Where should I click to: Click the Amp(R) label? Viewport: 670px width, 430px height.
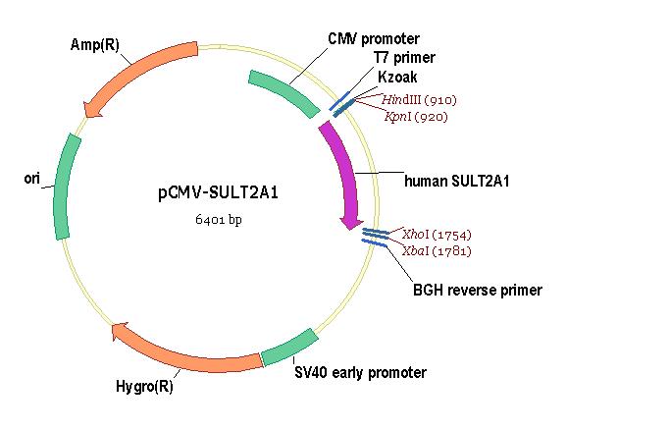coord(95,44)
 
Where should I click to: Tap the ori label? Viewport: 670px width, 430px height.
coord(32,178)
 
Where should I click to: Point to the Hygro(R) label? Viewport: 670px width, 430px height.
coord(144,387)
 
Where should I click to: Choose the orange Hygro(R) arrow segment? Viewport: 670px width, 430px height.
coord(180,354)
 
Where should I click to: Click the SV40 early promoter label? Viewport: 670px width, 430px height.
coord(360,372)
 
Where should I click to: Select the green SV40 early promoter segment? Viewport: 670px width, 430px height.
coord(290,348)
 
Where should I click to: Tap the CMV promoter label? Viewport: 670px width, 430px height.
coord(374,39)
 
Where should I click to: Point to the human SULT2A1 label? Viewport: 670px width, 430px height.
coord(457,181)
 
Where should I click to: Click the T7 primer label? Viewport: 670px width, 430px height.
coord(404,57)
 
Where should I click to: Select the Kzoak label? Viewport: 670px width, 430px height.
coord(397,77)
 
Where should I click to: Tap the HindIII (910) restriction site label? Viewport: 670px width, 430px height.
coord(419,100)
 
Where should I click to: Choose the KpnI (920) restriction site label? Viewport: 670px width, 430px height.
coord(416,116)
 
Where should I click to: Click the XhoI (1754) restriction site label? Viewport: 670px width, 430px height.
coord(437,235)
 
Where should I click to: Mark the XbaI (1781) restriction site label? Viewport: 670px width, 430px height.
coord(437,250)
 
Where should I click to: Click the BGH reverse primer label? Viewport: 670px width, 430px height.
coord(478,290)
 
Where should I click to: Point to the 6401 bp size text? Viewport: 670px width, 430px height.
coord(219,219)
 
